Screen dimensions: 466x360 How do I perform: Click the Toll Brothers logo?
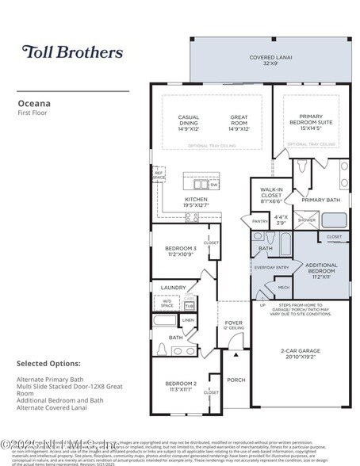72,52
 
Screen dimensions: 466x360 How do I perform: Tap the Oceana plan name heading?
36,102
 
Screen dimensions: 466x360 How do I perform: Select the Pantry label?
260,221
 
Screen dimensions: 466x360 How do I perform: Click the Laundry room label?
172,288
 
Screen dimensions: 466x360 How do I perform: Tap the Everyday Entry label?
270,268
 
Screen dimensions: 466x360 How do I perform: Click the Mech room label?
283,288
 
